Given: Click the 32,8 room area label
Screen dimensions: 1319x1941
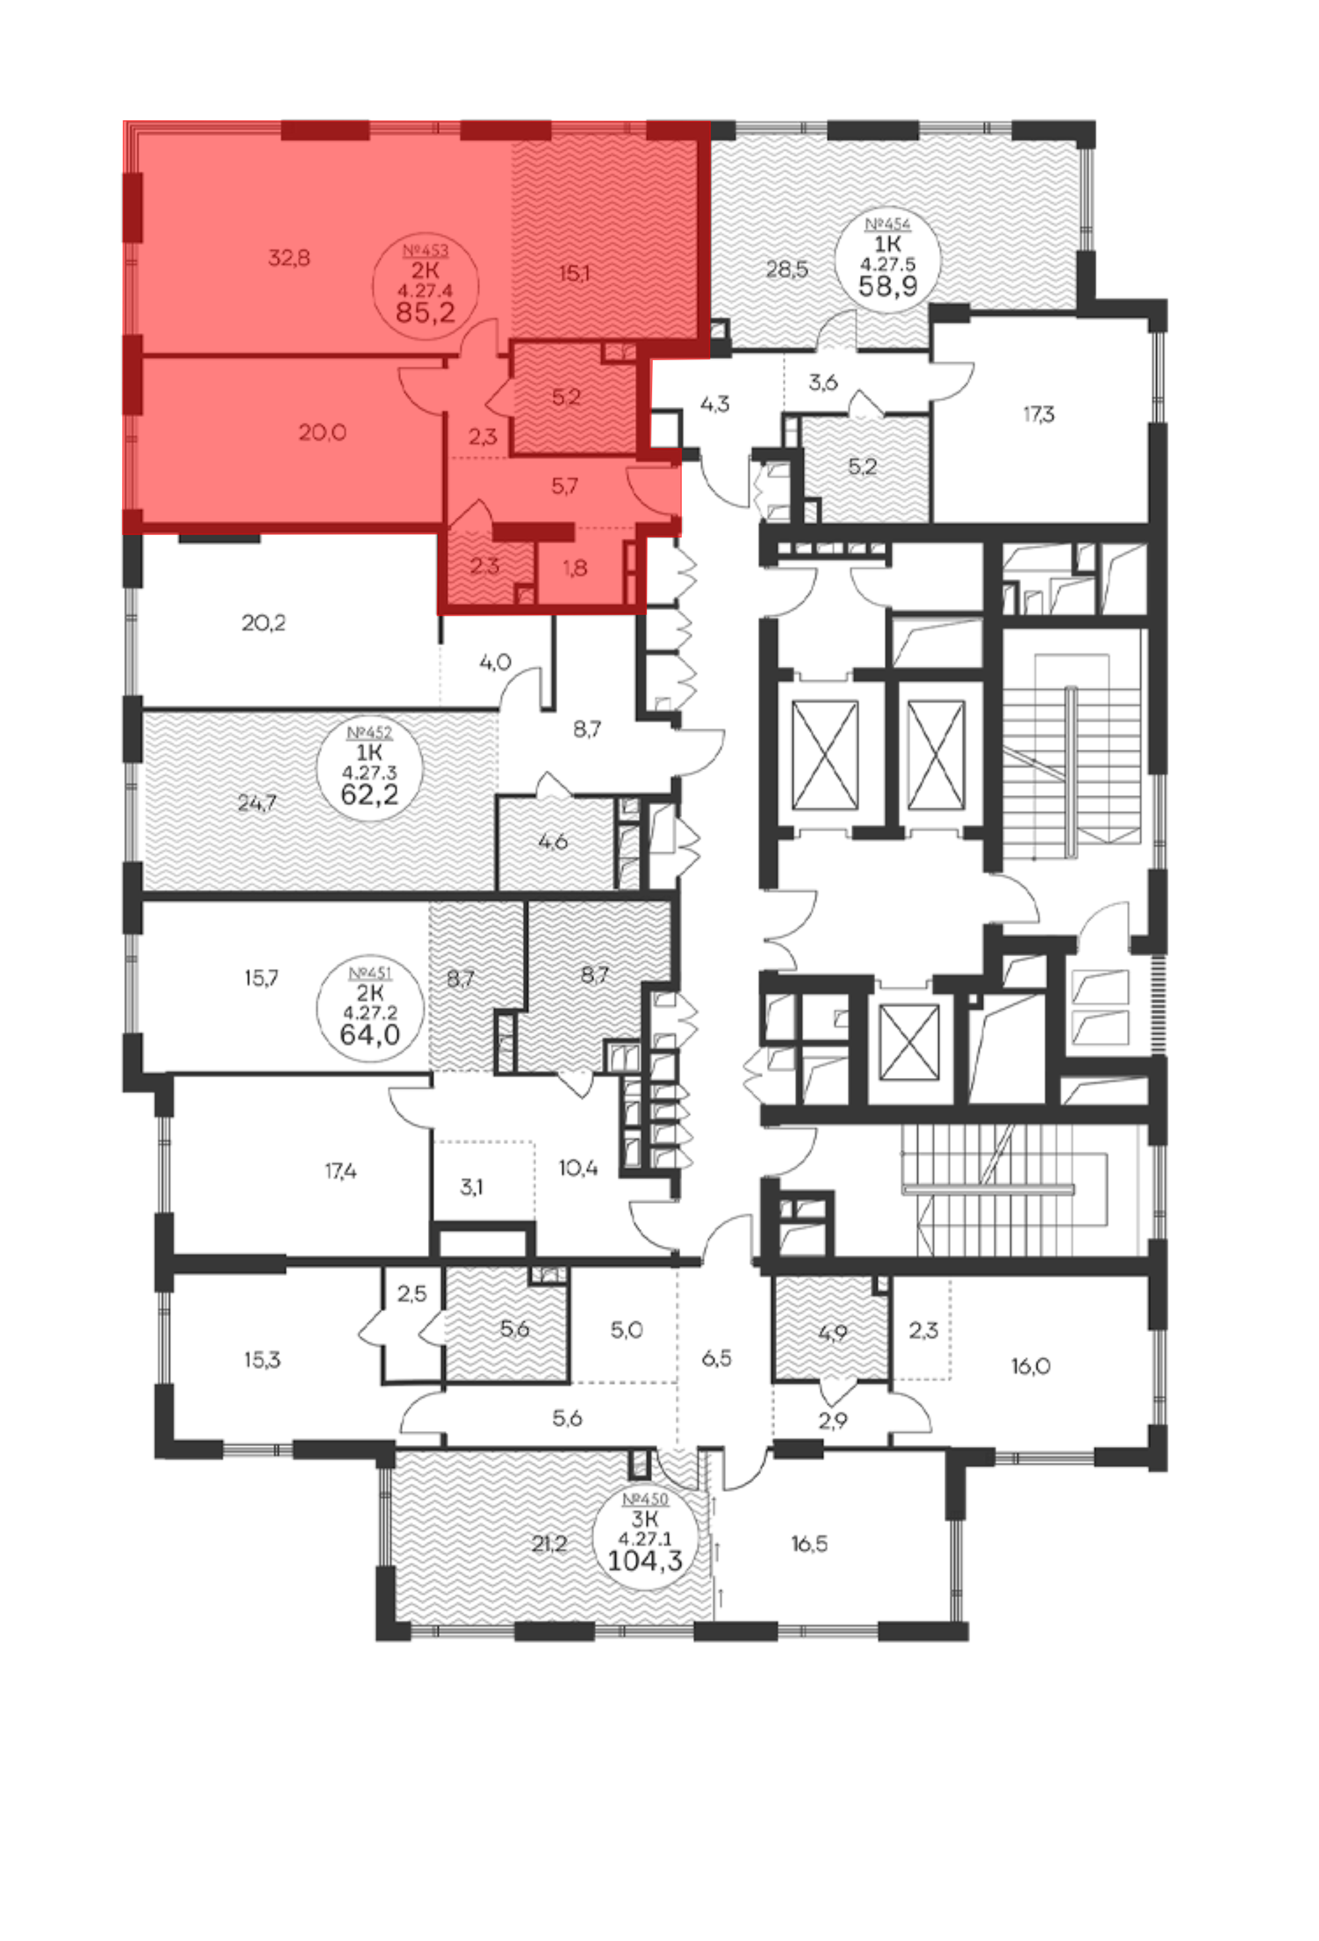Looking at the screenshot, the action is pyautogui.click(x=289, y=258).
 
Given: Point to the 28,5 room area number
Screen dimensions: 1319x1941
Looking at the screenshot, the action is pyautogui.click(x=786, y=270).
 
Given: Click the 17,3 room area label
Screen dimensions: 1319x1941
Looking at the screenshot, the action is pyautogui.click(x=1039, y=414).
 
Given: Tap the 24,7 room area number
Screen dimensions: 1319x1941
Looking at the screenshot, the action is pyautogui.click(x=257, y=804).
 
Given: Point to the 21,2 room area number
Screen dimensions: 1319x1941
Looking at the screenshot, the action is pyautogui.click(x=549, y=1543).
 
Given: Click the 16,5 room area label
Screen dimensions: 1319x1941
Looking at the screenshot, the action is pyautogui.click(x=810, y=1543).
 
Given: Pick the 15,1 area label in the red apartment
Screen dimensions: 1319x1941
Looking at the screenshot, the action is pyautogui.click(x=574, y=273).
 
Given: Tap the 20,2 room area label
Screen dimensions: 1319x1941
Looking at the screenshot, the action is pyautogui.click(x=264, y=623).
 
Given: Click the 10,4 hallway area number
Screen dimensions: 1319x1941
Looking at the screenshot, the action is pyautogui.click(x=578, y=1168).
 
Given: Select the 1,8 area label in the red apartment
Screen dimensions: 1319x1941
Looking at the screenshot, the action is pyautogui.click(x=574, y=568).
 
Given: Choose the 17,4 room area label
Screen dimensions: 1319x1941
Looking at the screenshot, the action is pyautogui.click(x=340, y=1172).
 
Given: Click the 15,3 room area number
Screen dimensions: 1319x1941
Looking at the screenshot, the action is pyautogui.click(x=262, y=1360).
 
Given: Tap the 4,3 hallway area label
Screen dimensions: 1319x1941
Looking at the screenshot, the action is pyautogui.click(x=715, y=404).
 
